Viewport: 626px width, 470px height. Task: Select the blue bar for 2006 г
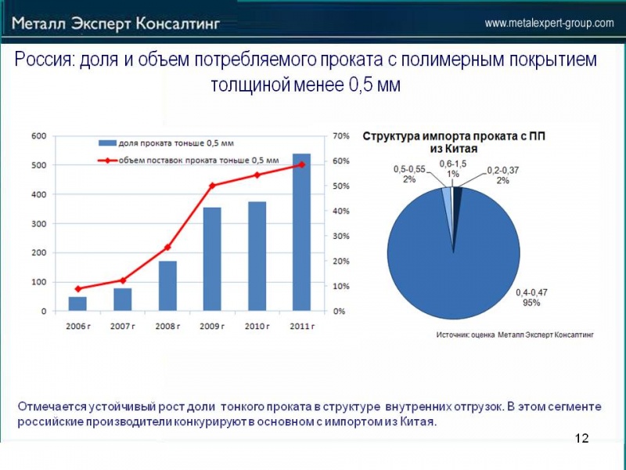77,303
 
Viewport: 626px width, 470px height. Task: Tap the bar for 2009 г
212,259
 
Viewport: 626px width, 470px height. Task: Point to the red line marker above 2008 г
167,248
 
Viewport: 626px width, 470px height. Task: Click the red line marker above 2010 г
257,175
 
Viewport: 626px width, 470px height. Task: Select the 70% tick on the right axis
340,136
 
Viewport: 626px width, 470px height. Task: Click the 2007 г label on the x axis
122,325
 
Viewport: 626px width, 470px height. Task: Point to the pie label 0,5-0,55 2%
409,174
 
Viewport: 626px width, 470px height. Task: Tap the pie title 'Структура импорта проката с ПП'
453,136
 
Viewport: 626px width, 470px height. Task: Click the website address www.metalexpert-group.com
549,23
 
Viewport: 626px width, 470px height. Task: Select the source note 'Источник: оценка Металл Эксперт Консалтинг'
514,334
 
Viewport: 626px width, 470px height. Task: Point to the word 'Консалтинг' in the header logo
178,23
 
